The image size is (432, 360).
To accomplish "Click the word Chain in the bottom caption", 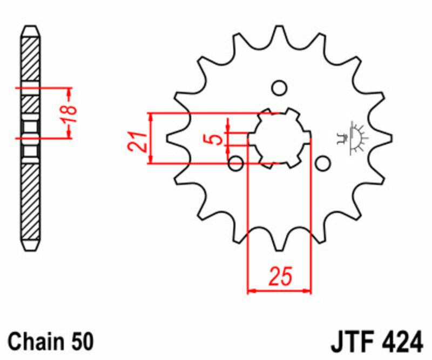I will (x=37, y=342).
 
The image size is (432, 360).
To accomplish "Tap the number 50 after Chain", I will (x=81, y=342).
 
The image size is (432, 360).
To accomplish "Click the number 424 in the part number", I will (x=399, y=342).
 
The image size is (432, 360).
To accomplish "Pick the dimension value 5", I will (x=217, y=138).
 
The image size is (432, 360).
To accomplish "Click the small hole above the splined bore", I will (x=279, y=87).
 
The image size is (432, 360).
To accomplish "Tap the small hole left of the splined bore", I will (x=235, y=162).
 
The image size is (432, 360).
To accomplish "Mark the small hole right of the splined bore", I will (x=322, y=162).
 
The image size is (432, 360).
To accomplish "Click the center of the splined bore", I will (x=279, y=137).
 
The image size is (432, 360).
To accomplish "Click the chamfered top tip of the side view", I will (x=30, y=30).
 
